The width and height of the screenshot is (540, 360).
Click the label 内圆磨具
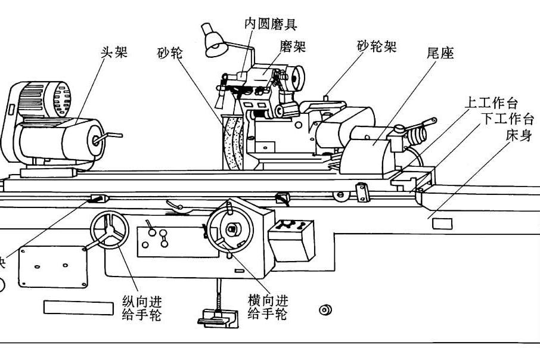tap(271, 24)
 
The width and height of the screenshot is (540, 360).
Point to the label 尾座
tap(440, 54)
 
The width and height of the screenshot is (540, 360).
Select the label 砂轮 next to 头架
tap(170, 52)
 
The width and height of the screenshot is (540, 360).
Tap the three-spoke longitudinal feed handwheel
tap(110, 231)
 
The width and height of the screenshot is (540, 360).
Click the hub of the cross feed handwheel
tap(232, 229)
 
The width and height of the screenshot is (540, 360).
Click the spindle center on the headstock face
tap(96, 141)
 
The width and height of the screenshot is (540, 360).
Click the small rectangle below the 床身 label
tap(442, 224)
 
